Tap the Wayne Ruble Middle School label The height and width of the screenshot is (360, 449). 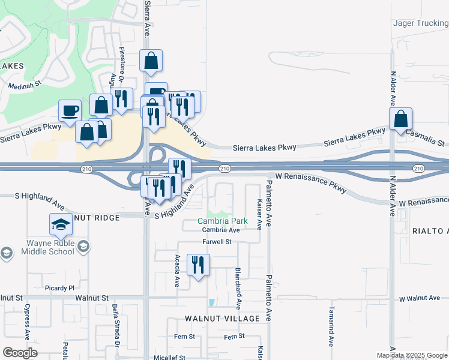coord(41,247)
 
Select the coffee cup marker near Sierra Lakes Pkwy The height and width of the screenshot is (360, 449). coord(70,111)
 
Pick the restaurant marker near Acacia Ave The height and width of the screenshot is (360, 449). coord(197,265)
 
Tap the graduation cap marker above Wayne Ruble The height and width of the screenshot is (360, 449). coord(60,226)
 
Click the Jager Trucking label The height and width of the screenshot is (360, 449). coord(420,23)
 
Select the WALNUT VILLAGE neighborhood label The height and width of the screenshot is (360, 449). coord(222,318)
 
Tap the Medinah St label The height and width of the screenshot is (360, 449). coord(23,86)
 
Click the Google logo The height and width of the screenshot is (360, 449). coord(20,352)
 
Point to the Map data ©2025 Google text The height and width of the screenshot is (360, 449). coord(412,355)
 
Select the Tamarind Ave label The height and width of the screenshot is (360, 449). coord(331,327)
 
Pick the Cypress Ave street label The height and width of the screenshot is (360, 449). coord(27,321)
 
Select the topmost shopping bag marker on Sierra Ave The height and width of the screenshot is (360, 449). coord(150,61)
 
